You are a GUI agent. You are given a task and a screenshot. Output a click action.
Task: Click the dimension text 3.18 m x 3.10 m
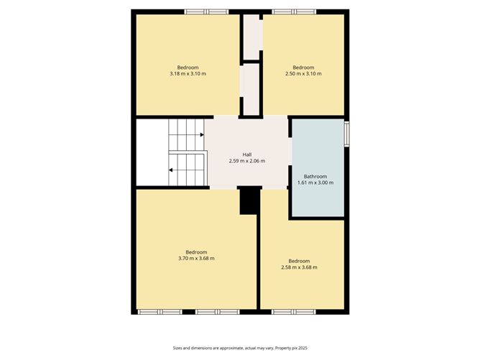(188, 73)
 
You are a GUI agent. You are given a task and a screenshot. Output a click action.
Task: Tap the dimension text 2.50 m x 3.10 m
(303, 73)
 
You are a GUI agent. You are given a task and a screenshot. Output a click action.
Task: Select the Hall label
(246, 154)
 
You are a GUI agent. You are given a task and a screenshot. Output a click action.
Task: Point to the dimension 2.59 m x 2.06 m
(246, 160)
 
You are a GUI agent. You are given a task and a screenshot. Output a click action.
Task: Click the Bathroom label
(315, 176)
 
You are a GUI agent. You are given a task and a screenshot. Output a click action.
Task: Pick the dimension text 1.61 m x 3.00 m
(315, 183)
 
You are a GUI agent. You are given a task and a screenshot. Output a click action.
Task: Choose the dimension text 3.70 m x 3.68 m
(196, 258)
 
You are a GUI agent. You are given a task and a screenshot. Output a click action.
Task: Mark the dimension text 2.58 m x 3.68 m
(299, 267)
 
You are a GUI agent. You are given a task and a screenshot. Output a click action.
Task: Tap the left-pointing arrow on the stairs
(171, 170)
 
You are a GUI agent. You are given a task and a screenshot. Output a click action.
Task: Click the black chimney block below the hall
(249, 199)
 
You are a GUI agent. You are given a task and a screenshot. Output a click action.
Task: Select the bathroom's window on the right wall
(346, 134)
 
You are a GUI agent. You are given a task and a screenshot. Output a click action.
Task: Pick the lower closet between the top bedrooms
(251, 88)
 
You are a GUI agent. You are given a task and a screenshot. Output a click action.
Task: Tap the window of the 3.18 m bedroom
(206, 11)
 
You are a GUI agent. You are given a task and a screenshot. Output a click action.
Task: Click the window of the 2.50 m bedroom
(293, 11)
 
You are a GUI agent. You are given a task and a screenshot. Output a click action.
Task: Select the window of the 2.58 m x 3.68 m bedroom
(295, 312)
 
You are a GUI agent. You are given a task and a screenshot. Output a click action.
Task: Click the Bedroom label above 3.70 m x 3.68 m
(196, 251)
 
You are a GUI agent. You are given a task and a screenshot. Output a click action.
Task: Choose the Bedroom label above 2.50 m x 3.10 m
(303, 67)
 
